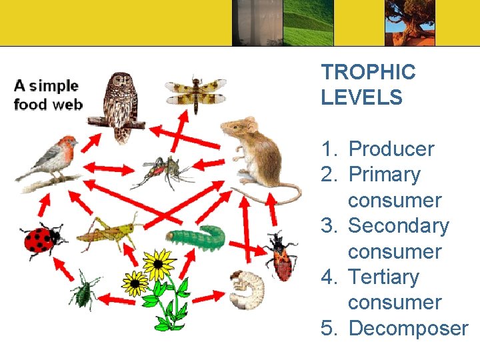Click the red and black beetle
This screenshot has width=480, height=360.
pos(281,257)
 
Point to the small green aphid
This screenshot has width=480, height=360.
pos(85,290)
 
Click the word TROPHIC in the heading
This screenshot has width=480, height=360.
pos(368,72)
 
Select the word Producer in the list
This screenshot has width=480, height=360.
pos(391,149)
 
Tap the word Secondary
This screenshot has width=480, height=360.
pos(399,226)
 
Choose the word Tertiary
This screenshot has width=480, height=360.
pos(383,277)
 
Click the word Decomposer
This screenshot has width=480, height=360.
pos(408,328)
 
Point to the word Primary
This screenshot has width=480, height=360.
pos(385,175)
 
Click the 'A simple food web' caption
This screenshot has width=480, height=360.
pos(47,95)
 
